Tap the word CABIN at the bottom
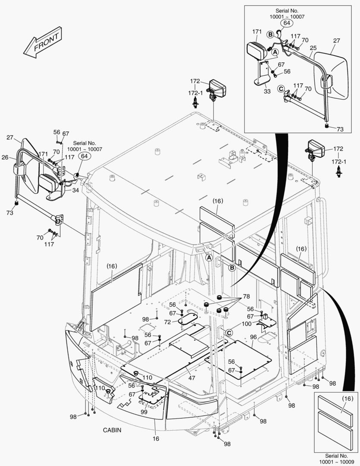112,430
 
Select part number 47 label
191,378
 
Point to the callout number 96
253,337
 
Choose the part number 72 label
168,322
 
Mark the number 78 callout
246,297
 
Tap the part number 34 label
75,190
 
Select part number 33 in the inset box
267,91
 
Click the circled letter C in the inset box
281,89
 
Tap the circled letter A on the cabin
209,258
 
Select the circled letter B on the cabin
232,268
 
